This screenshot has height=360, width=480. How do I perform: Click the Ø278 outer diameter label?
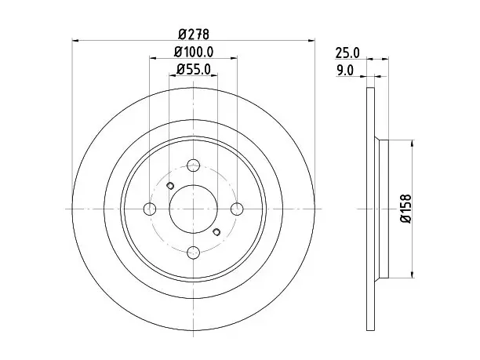click(194, 34)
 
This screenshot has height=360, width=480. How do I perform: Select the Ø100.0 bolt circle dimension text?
click(194, 52)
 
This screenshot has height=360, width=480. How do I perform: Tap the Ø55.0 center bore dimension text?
click(194, 70)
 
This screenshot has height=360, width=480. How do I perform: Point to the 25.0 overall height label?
click(347, 53)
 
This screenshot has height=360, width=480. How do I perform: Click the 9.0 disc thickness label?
click(345, 71)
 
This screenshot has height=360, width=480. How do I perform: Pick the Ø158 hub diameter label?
click(405, 209)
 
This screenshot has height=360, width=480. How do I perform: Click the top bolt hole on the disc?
click(193, 165)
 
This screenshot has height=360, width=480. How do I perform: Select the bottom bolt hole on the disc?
click(193, 253)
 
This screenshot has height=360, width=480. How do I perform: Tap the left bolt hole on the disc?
click(150, 209)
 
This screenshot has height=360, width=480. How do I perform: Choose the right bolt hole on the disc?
click(237, 209)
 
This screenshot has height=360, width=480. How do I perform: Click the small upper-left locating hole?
click(170, 186)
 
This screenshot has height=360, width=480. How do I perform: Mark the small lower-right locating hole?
click(216, 232)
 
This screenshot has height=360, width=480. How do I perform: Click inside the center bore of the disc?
click(193, 209)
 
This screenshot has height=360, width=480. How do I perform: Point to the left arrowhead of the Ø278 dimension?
click(75, 40)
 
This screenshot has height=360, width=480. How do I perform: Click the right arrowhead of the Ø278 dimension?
click(311, 40)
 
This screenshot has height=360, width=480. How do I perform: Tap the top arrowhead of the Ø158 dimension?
click(413, 144)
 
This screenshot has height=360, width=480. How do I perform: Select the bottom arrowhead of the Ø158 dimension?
click(413, 275)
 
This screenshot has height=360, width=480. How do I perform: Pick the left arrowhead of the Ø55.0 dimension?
click(173, 75)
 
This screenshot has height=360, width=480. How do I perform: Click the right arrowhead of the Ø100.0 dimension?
click(234, 57)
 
